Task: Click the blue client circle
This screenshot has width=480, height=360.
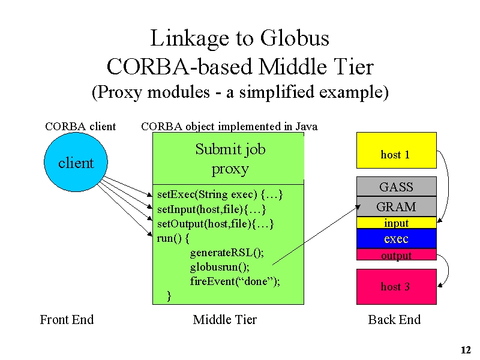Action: point(76,162)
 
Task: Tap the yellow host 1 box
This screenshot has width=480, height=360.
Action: point(397,151)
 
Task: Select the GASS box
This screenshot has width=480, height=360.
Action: point(397,187)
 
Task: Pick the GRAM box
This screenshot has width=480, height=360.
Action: point(397,206)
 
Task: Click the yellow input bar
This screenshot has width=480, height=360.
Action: point(397,223)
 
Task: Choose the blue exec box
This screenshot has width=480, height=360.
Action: point(397,238)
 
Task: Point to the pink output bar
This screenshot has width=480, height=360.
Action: point(397,254)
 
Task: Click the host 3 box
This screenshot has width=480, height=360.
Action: point(397,287)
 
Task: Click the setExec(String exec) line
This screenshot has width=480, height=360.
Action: point(220,194)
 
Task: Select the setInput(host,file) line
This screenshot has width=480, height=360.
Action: point(212,209)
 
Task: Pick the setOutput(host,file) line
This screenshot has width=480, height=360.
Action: point(215,224)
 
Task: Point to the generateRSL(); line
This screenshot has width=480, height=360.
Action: point(227,253)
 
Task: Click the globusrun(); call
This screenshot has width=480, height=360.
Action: point(220,267)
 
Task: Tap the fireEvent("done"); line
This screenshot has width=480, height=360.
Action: point(235,281)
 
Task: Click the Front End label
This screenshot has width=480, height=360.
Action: point(67,320)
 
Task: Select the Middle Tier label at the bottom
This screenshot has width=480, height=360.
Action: point(224,320)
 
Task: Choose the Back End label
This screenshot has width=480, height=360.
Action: point(394,320)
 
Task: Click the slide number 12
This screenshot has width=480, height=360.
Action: point(466,350)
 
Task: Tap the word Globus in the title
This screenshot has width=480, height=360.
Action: point(295,38)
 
